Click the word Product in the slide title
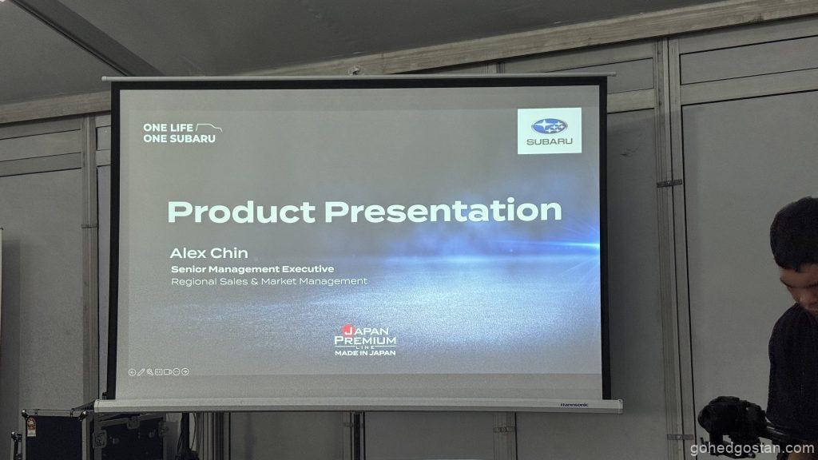241,212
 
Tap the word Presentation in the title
443,210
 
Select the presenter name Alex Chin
208,253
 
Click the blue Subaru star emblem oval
550,125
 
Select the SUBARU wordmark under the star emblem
550,141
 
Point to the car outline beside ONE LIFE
208,128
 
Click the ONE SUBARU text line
179,139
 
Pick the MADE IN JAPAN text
365,353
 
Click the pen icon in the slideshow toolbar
141,372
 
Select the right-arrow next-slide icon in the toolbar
185,371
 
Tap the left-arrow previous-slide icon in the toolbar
132,372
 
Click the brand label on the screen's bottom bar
574,405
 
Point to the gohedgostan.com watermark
752,448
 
